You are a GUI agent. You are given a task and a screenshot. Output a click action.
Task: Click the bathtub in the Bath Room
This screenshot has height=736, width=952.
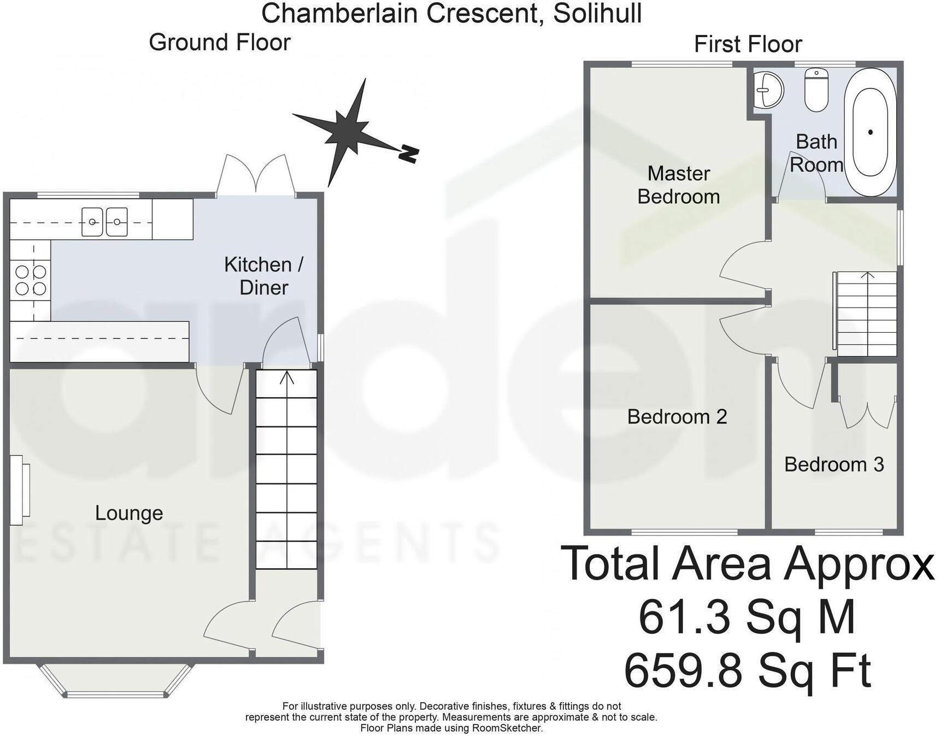[x=870, y=132]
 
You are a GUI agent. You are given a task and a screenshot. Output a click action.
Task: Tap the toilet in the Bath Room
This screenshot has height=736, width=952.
[x=816, y=92]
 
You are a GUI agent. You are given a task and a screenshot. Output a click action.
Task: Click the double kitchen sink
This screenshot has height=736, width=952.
[x=104, y=222]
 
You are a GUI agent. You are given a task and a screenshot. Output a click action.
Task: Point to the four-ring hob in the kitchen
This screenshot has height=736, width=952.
[x=31, y=280]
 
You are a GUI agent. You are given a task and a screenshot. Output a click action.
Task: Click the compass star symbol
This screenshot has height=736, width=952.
[x=346, y=131]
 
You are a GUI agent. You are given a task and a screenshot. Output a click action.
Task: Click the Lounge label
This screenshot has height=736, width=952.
[x=129, y=513]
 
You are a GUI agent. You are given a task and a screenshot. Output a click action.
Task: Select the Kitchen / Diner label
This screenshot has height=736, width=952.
[x=263, y=276]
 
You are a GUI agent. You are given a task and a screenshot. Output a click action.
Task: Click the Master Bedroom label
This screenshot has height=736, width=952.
[x=678, y=185]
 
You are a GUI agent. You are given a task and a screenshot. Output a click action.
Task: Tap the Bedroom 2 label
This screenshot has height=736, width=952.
[x=677, y=417]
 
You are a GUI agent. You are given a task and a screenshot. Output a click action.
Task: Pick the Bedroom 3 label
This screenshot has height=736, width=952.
[x=833, y=464]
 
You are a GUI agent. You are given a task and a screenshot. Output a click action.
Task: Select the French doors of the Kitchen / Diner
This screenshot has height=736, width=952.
[x=256, y=175]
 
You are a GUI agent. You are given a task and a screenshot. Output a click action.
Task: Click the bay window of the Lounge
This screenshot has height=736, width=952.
[x=115, y=683]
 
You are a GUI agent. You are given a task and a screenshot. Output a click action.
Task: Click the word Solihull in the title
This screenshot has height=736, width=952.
[x=597, y=13]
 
